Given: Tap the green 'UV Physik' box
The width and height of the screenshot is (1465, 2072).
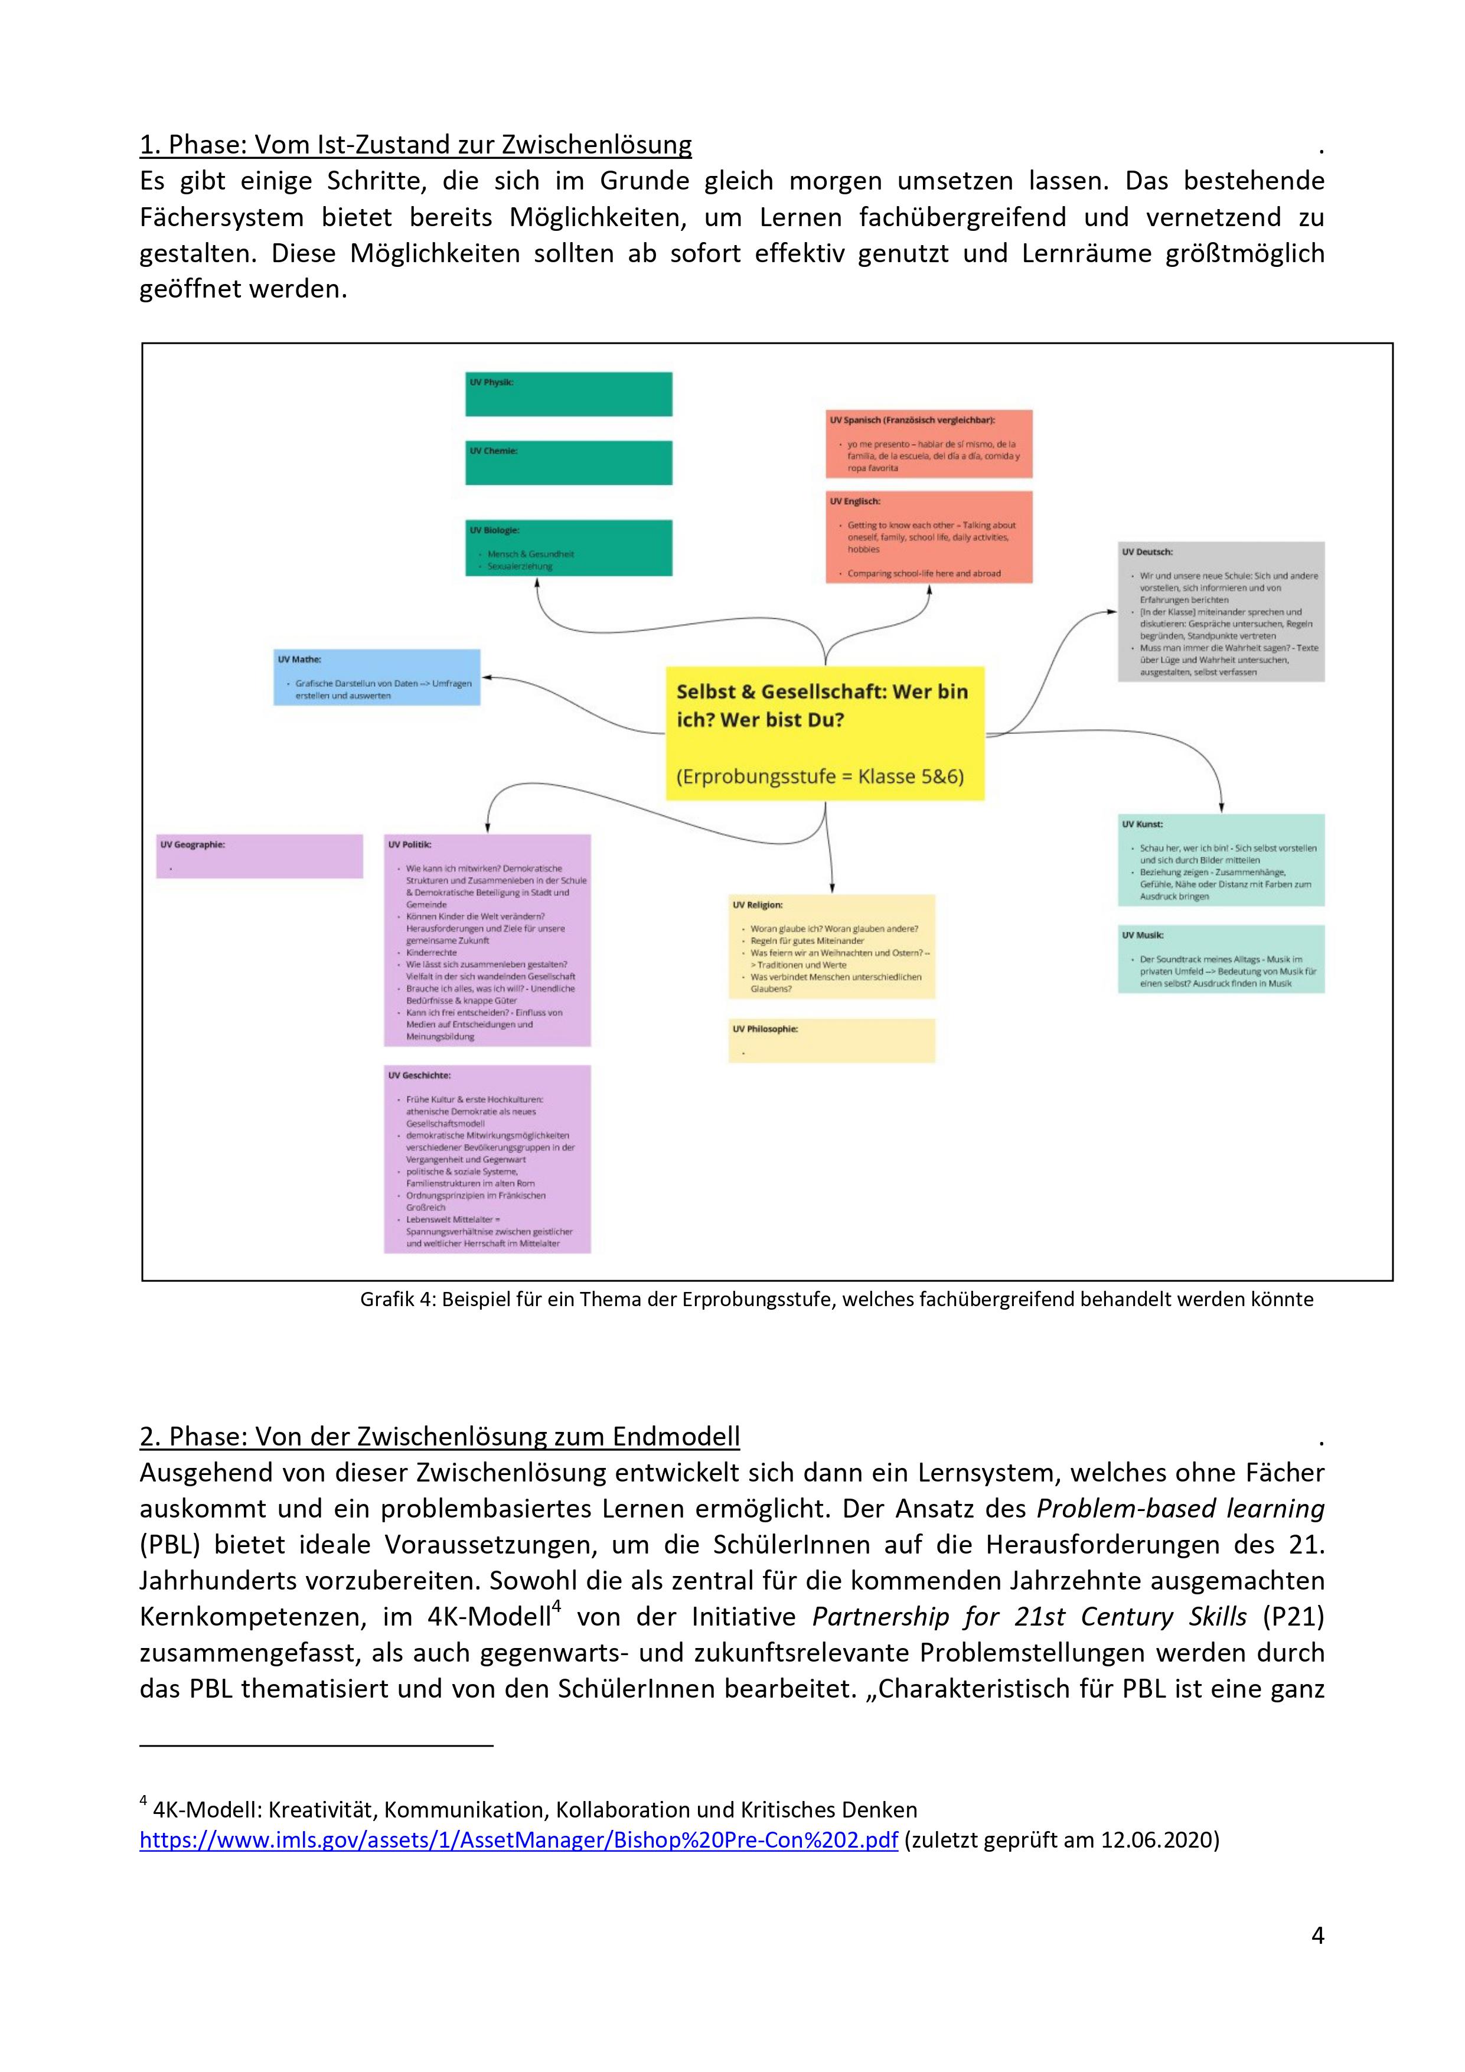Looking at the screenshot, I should tap(569, 394).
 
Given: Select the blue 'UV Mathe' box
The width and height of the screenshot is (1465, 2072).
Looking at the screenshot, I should tap(376, 677).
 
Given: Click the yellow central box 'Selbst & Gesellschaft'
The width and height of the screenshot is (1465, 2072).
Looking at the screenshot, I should tap(825, 733).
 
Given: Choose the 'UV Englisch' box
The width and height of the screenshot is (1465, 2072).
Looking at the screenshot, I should tap(929, 537).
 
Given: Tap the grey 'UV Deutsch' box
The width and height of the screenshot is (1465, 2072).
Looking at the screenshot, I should tap(1221, 612).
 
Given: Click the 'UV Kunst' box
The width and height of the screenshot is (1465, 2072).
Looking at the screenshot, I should tap(1221, 860).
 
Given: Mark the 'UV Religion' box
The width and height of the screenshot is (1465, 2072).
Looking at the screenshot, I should tap(831, 947).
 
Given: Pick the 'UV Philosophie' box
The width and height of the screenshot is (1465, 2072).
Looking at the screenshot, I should tap(831, 1040).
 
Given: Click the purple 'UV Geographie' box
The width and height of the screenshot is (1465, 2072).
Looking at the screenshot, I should tap(259, 856).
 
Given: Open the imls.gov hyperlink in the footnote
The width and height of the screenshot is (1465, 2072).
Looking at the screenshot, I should tap(518, 1840).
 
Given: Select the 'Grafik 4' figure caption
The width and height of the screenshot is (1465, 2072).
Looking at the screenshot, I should tap(836, 1300).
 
